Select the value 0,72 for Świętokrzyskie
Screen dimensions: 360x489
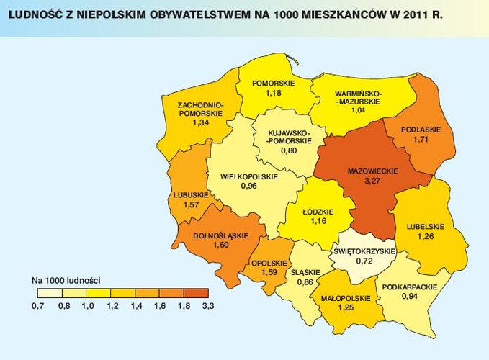(x=363, y=261)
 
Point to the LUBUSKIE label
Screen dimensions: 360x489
(x=191, y=195)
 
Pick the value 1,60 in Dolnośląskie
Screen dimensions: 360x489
(x=220, y=246)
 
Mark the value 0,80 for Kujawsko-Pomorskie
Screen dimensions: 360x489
(x=288, y=151)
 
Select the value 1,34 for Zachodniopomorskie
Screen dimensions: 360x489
(x=201, y=123)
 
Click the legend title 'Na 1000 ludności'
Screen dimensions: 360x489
(x=66, y=278)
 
